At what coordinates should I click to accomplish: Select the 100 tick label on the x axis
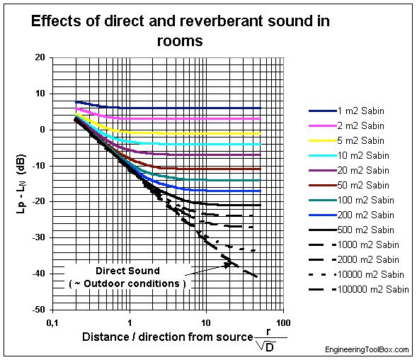pos(282,323)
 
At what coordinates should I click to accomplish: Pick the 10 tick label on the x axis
pos(206,323)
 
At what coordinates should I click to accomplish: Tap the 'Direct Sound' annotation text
pos(129,271)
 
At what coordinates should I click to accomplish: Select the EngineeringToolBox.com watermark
pos(367,351)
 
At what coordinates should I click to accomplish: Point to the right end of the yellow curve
pos(261,133)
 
